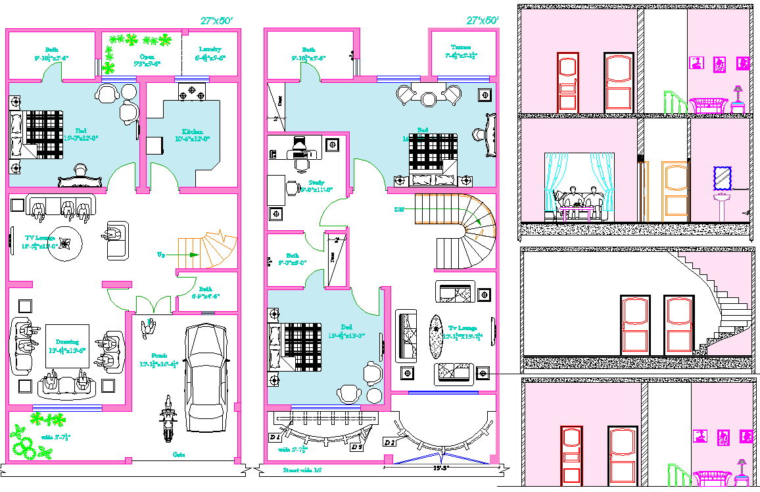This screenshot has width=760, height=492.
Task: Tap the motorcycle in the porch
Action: pyautogui.click(x=168, y=421)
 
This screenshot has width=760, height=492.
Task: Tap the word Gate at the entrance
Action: pyautogui.click(x=178, y=455)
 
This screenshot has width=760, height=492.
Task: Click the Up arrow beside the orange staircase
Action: pyautogui.click(x=161, y=255)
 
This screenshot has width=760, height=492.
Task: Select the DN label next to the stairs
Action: pyautogui.click(x=398, y=209)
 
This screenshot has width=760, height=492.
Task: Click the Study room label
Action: pyautogui.click(x=316, y=185)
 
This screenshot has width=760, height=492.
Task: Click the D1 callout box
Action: pyautogui.click(x=274, y=437)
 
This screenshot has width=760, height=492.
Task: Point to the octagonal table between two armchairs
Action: pyautogui.click(x=429, y=98)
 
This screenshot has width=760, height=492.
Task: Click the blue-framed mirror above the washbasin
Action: pyautogui.click(x=722, y=178)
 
